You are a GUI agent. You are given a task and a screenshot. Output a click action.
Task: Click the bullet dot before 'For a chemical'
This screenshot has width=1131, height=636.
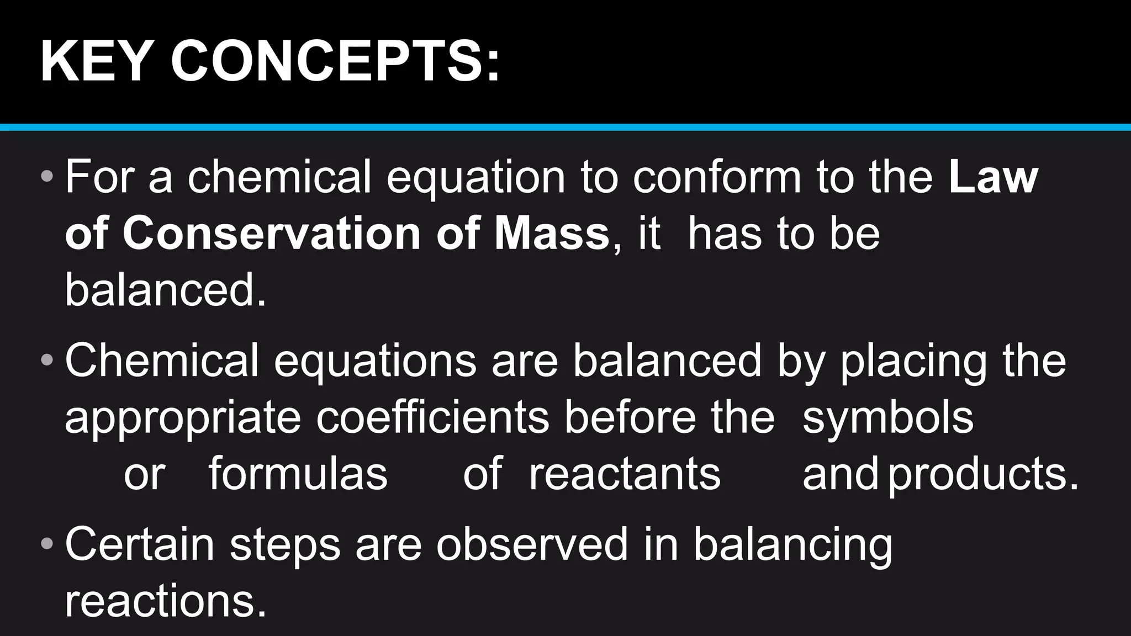tap(47, 177)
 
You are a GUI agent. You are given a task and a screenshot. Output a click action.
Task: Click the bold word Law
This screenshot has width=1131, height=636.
tap(993, 177)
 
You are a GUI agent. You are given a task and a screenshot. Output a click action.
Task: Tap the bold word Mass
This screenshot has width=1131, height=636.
tap(552, 234)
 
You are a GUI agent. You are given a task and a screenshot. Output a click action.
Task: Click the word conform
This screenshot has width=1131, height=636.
tap(717, 177)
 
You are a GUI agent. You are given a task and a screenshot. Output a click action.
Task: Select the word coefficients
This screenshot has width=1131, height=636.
tap(432, 417)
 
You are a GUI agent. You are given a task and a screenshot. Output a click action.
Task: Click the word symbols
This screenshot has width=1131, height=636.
tap(887, 418)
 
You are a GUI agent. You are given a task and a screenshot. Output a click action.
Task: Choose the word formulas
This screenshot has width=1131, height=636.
tap(298, 474)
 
